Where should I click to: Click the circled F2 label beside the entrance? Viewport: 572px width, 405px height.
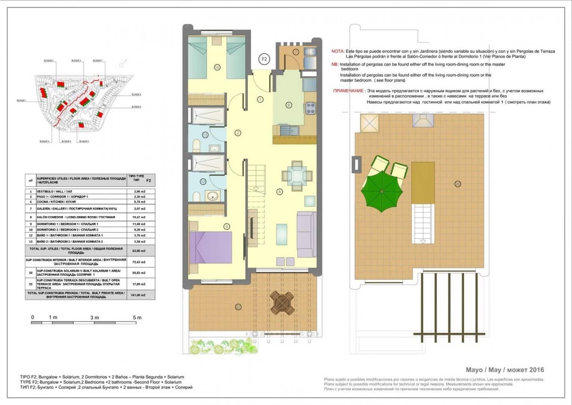[264, 59]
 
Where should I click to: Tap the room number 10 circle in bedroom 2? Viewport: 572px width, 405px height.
[217, 67]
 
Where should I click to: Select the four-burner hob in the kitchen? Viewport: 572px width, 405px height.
[310, 108]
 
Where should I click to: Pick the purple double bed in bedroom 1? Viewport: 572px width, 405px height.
[210, 248]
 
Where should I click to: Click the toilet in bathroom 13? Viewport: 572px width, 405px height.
[196, 145]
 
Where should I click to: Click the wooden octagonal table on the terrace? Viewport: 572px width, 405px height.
[282, 303]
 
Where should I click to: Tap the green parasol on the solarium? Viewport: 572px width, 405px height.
[382, 191]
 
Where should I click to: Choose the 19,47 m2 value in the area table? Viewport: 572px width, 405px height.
[139, 217]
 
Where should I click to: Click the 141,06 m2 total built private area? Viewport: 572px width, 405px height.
[139, 295]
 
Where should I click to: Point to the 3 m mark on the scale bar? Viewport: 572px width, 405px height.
[94, 317]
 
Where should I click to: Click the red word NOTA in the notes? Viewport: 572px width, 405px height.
[337, 52]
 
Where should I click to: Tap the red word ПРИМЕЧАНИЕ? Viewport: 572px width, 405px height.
[348, 91]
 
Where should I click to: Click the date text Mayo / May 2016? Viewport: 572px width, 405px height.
[505, 370]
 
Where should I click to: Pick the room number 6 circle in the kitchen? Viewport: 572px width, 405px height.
[288, 105]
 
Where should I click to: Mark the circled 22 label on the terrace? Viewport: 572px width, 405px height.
[238, 306]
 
